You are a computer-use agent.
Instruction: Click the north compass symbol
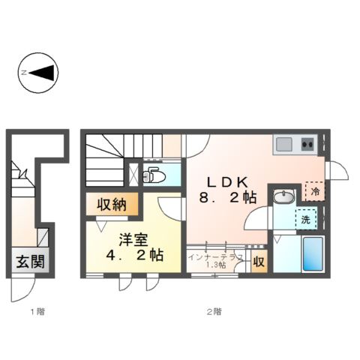coord(37,73)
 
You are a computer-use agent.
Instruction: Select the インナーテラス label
coord(215,256)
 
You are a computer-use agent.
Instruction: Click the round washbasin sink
coord(283,197)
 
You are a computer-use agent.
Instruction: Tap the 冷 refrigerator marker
coord(316,191)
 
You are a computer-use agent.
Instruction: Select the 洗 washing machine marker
coord(307,220)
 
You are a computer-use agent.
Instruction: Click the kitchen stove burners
coord(307,142)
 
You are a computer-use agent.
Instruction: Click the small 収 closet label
coord(257,262)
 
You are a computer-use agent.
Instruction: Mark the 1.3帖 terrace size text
coord(216,265)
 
